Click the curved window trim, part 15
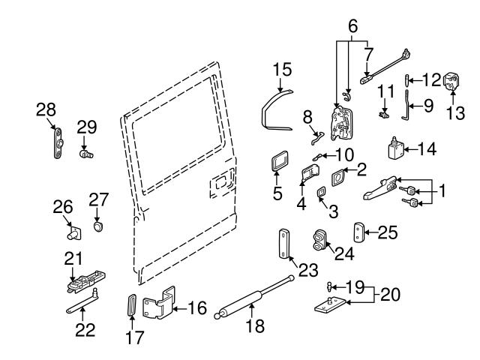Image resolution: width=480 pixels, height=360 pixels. (274, 112)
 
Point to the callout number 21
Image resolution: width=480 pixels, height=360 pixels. (72, 259)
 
